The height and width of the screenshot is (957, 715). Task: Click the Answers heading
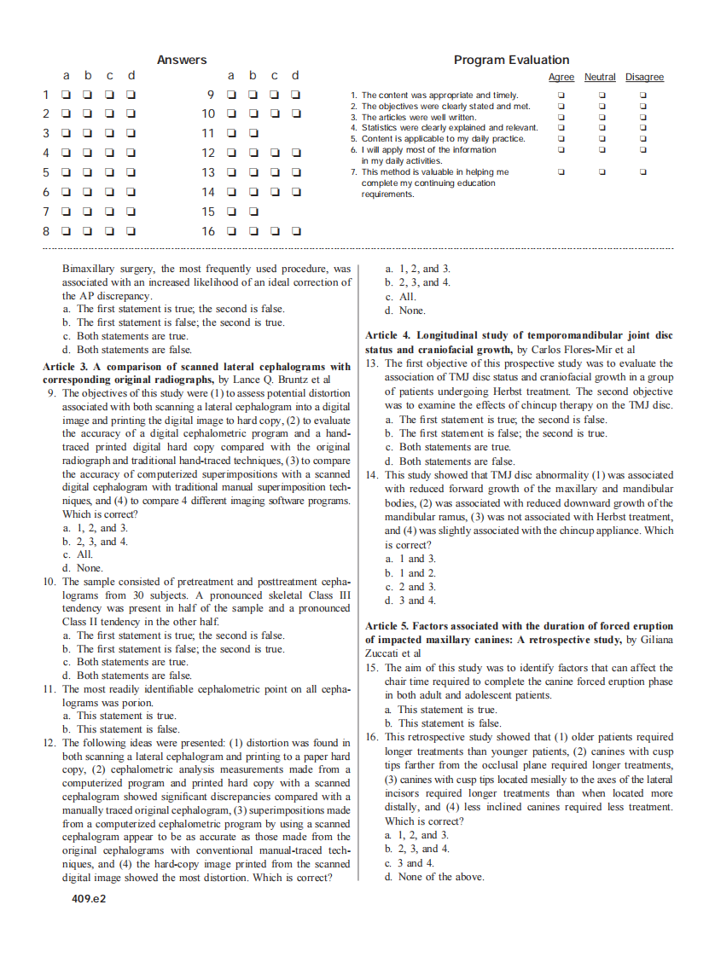(x=182, y=60)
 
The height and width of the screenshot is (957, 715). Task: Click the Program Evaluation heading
(x=511, y=60)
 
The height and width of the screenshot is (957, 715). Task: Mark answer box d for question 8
(x=131, y=231)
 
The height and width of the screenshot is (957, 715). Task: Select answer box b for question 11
(x=253, y=133)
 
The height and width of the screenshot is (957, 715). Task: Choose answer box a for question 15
(x=230, y=212)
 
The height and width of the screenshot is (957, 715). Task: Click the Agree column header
(x=561, y=78)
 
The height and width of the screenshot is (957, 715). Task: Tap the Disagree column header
(x=644, y=78)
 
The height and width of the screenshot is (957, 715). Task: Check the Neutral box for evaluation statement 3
(x=602, y=117)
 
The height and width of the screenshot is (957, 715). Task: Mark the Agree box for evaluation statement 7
(x=561, y=172)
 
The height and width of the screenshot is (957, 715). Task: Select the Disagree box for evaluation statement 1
(x=643, y=96)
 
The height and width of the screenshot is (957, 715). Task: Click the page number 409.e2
(x=89, y=898)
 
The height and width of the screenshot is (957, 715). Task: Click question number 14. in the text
(x=371, y=475)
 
